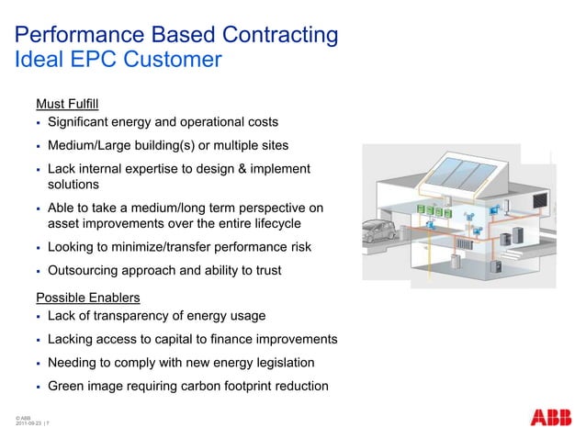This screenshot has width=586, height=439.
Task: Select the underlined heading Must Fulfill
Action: pyautogui.click(x=67, y=104)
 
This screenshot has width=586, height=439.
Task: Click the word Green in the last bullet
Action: pyautogui.click(x=66, y=386)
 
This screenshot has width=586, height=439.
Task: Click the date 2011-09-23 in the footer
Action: pyautogui.click(x=28, y=423)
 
